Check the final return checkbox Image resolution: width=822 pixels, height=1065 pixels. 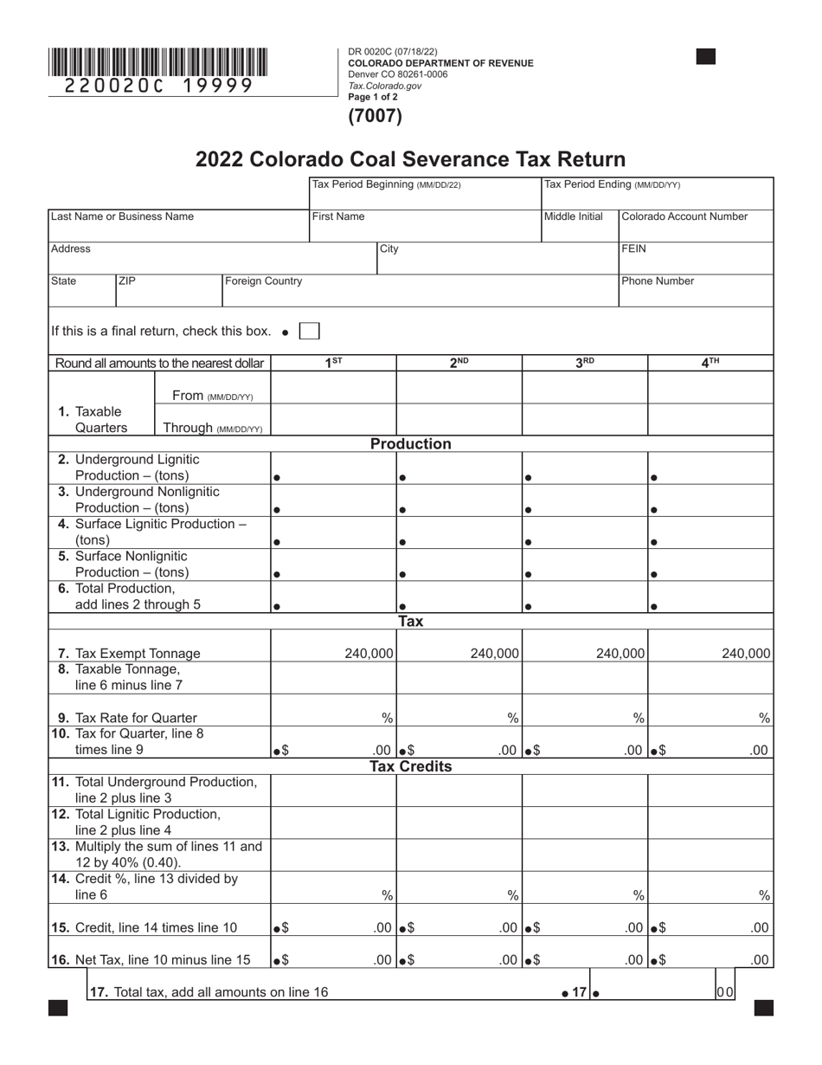tap(309, 331)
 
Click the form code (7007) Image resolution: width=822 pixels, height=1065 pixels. tap(375, 115)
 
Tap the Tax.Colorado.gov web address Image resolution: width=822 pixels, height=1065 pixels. tap(384, 86)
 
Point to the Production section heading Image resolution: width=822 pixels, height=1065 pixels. tap(411, 444)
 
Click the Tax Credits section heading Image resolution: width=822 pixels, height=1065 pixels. tap(411, 767)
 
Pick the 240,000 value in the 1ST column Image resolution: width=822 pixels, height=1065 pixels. tap(369, 654)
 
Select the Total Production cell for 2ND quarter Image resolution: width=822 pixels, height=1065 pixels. tap(459, 597)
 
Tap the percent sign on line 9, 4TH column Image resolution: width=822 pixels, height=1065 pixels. tap(764, 718)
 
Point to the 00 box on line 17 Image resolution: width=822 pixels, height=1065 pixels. tap(725, 992)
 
